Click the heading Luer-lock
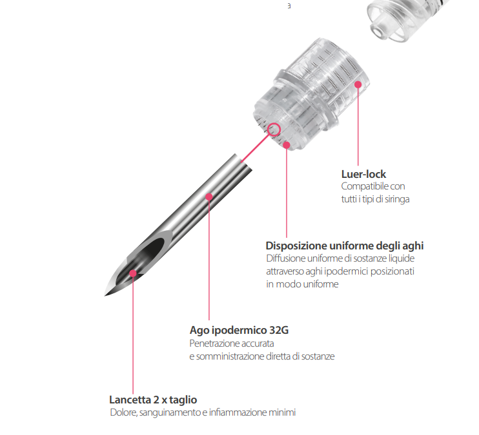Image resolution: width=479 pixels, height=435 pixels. click(363, 174)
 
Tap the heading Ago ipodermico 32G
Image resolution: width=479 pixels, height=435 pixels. click(239, 331)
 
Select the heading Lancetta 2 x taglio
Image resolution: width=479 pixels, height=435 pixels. click(153, 400)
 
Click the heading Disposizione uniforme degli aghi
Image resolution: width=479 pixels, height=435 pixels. click(345, 246)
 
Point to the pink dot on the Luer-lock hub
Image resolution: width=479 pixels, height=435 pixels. click(358, 84)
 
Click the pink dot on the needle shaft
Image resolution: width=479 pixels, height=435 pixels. click(209, 197)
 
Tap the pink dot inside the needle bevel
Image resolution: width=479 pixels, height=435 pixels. click(133, 273)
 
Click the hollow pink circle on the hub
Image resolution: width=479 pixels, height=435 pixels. click(274, 130)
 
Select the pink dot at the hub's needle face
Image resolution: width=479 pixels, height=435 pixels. click(287, 145)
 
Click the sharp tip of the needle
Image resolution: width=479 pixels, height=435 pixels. click(105, 296)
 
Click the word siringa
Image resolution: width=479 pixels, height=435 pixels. click(397, 199)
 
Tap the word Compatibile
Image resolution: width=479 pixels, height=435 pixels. click(361, 186)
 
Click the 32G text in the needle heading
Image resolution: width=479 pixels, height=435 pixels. click(279, 330)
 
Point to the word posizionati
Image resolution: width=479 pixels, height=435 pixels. click(392, 271)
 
